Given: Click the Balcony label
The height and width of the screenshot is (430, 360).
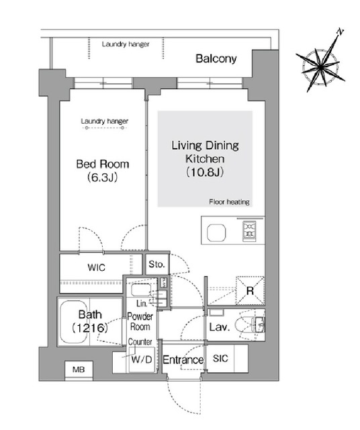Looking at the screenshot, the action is coord(216,58).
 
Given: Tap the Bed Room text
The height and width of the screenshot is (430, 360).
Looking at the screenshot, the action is coord(103,164).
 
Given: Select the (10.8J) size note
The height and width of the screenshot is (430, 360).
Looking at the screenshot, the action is coord(205,172).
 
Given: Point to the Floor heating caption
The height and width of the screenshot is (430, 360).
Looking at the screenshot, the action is coord(229,202).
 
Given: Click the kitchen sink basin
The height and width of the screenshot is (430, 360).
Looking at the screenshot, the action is coord(216,232).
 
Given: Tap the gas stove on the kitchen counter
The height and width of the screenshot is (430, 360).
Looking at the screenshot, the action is coord(249,231).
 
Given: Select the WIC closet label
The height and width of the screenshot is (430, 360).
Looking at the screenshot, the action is coord(96,267).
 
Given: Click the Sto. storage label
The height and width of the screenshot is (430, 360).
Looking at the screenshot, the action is coord(157,264).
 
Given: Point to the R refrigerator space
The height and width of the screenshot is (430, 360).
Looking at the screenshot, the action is coord(250,291).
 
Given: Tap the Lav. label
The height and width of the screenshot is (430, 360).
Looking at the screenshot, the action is coord(220,327).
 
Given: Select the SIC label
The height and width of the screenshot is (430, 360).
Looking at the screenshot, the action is coord(220,358).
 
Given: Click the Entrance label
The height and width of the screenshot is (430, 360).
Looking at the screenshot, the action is coord(183,359).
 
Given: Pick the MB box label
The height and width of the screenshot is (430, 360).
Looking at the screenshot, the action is coord(79,370).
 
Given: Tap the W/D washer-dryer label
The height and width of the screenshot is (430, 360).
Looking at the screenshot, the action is coord(142,359).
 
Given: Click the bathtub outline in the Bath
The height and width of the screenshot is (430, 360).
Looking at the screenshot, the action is coord(73,322).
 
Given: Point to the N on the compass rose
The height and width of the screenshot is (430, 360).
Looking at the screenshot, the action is coord(340,32).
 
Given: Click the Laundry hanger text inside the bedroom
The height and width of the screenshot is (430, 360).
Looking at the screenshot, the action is coord(105,121).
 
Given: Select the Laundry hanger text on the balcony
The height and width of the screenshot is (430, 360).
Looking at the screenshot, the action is coord(126,44).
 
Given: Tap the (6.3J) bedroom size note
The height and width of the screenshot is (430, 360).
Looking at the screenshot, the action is coord(103,177).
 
